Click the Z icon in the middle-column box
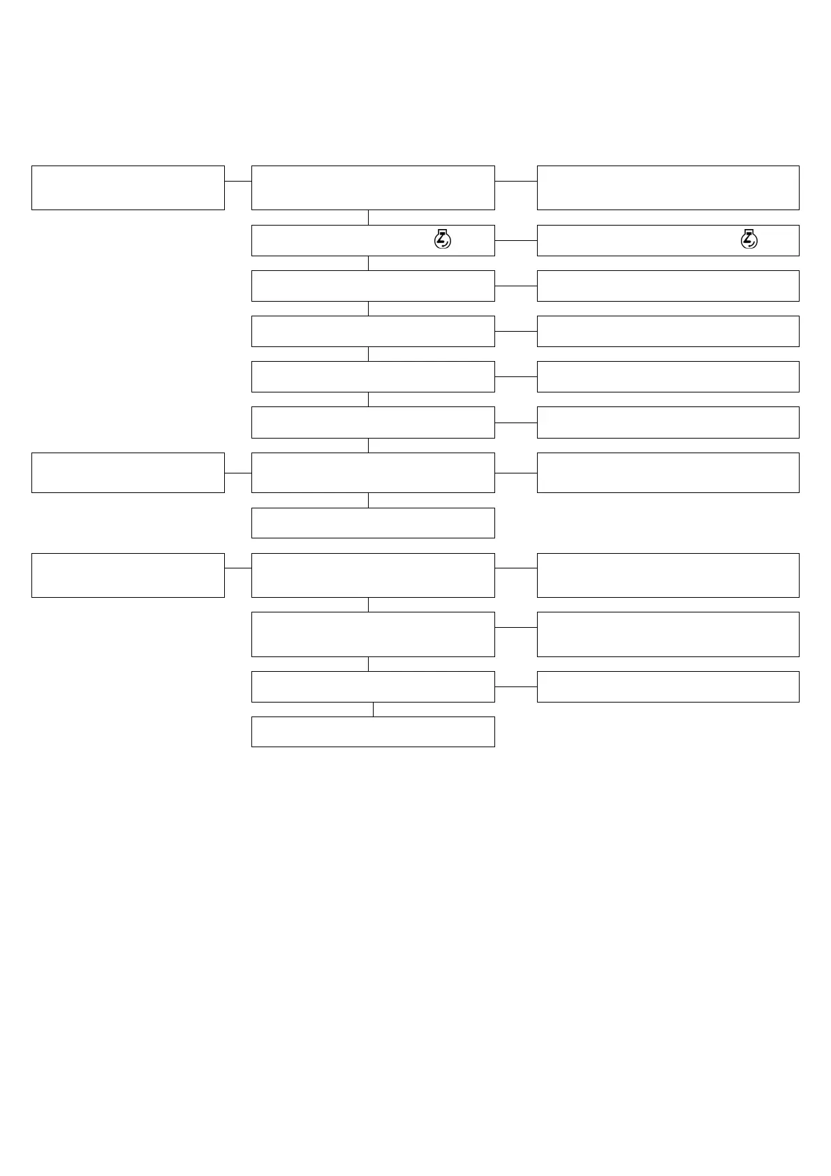[x=443, y=240]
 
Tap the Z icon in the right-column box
[x=749, y=240]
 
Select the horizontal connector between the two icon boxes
[x=515, y=240]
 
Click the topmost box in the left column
[x=128, y=187]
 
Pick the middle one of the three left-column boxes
[x=128, y=472]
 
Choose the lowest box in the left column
[x=128, y=575]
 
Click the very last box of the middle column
[x=373, y=731]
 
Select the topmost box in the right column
[x=668, y=187]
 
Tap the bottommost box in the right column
[x=668, y=686]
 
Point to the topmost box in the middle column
[x=373, y=187]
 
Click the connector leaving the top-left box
[x=237, y=181]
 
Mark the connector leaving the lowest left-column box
[x=237, y=568]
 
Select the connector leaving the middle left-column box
[x=237, y=473]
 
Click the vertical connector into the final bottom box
[x=373, y=709]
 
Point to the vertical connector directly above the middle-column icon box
[x=368, y=217]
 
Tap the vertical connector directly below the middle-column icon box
[x=368, y=263]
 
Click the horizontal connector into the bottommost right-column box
[x=515, y=686]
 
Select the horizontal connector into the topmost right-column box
[x=515, y=181]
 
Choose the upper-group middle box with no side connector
[x=373, y=522]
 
